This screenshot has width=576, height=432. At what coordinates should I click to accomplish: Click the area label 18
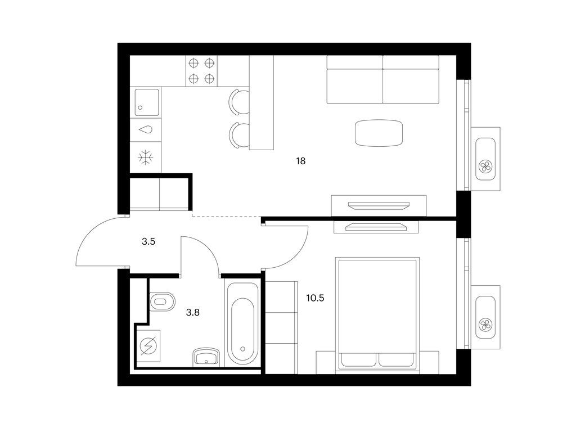[x=300, y=161]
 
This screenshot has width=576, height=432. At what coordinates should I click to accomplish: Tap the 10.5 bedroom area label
[x=315, y=298]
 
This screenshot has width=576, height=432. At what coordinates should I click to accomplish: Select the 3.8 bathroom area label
[x=193, y=313]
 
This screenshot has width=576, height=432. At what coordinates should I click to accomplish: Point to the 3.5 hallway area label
[x=148, y=242]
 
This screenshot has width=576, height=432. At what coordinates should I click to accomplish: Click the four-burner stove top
[x=201, y=71]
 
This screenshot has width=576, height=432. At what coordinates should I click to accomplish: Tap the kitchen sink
[x=147, y=102]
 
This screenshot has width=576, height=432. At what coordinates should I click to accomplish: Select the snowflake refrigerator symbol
[x=146, y=157]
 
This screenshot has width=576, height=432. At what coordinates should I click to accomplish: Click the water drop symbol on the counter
[x=146, y=130]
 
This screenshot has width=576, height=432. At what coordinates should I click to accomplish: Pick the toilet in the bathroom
[x=163, y=301]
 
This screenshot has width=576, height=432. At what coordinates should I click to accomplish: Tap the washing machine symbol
[x=148, y=345]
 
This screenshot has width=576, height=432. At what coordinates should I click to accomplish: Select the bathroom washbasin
[x=206, y=356]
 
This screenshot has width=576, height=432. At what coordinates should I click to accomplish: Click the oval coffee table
[x=379, y=133]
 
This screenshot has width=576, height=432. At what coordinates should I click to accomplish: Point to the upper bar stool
[x=238, y=102]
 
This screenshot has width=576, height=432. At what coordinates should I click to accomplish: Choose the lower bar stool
[x=238, y=135]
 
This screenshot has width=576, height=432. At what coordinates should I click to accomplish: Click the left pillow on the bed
[x=359, y=359]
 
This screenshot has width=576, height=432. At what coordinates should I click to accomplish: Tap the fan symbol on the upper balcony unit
[x=485, y=166]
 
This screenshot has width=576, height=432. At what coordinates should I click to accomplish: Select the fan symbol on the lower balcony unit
[x=485, y=325]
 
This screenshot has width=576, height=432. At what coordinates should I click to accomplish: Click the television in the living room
[x=379, y=205]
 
